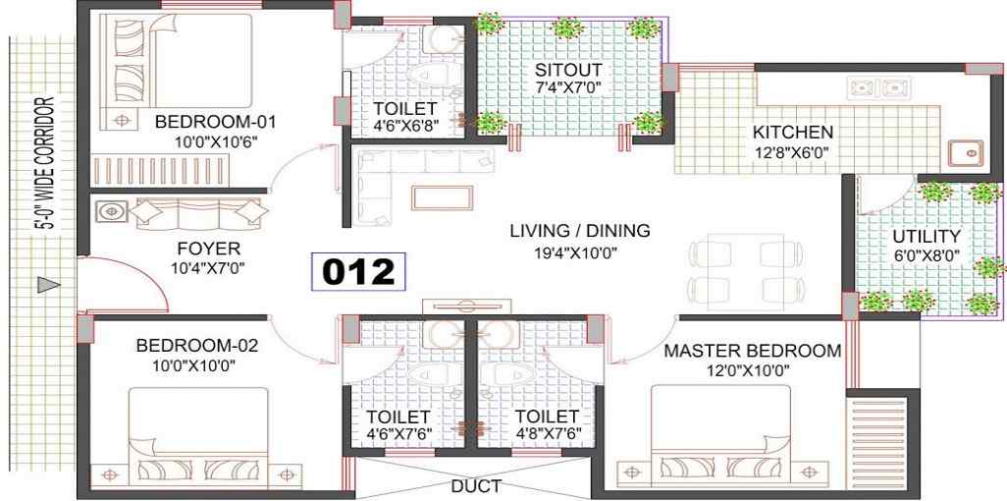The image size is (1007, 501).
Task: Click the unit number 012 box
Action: [358, 271]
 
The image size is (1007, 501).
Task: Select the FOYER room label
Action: [209, 249]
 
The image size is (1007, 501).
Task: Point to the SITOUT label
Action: [569, 70]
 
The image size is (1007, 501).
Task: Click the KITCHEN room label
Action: [792, 133]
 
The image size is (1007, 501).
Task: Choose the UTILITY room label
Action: [927, 236]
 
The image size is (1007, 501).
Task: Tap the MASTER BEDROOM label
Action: [752, 351]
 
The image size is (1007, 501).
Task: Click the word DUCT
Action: [476, 485]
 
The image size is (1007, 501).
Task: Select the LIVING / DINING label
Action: [580, 230]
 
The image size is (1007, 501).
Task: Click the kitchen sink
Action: [965, 153]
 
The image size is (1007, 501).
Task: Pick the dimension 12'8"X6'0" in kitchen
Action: [792, 152]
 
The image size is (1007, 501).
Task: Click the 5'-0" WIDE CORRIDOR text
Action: [45, 164]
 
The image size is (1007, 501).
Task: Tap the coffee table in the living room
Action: [442, 197]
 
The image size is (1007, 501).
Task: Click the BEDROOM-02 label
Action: [196, 346]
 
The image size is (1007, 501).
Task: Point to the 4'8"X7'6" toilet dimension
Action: [548, 434]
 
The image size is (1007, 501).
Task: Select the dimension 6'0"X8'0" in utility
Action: [927, 255]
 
